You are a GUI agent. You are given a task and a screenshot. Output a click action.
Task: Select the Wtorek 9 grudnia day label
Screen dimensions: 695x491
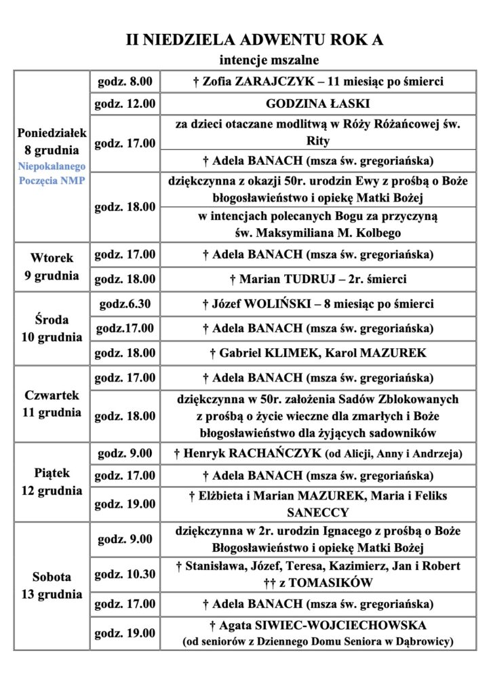tap(52, 267)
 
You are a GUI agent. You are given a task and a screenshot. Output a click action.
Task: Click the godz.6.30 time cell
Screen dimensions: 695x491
tap(125, 304)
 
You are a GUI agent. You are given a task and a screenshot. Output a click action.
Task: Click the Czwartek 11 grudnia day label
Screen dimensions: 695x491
tap(52, 403)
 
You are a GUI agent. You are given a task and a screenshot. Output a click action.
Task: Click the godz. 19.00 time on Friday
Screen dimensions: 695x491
tap(125, 504)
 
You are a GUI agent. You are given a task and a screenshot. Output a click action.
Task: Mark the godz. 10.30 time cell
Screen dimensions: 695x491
tap(125, 574)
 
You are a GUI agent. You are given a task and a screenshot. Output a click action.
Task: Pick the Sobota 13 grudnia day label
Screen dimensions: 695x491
tap(52, 586)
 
